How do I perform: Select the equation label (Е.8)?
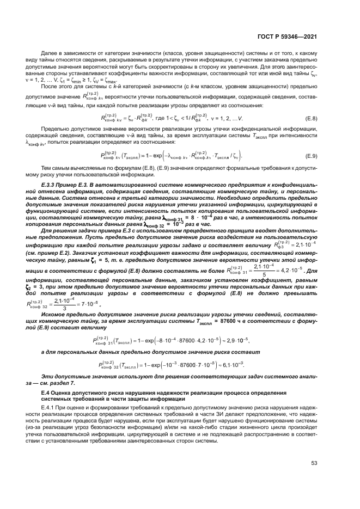(x=311, y=119)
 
